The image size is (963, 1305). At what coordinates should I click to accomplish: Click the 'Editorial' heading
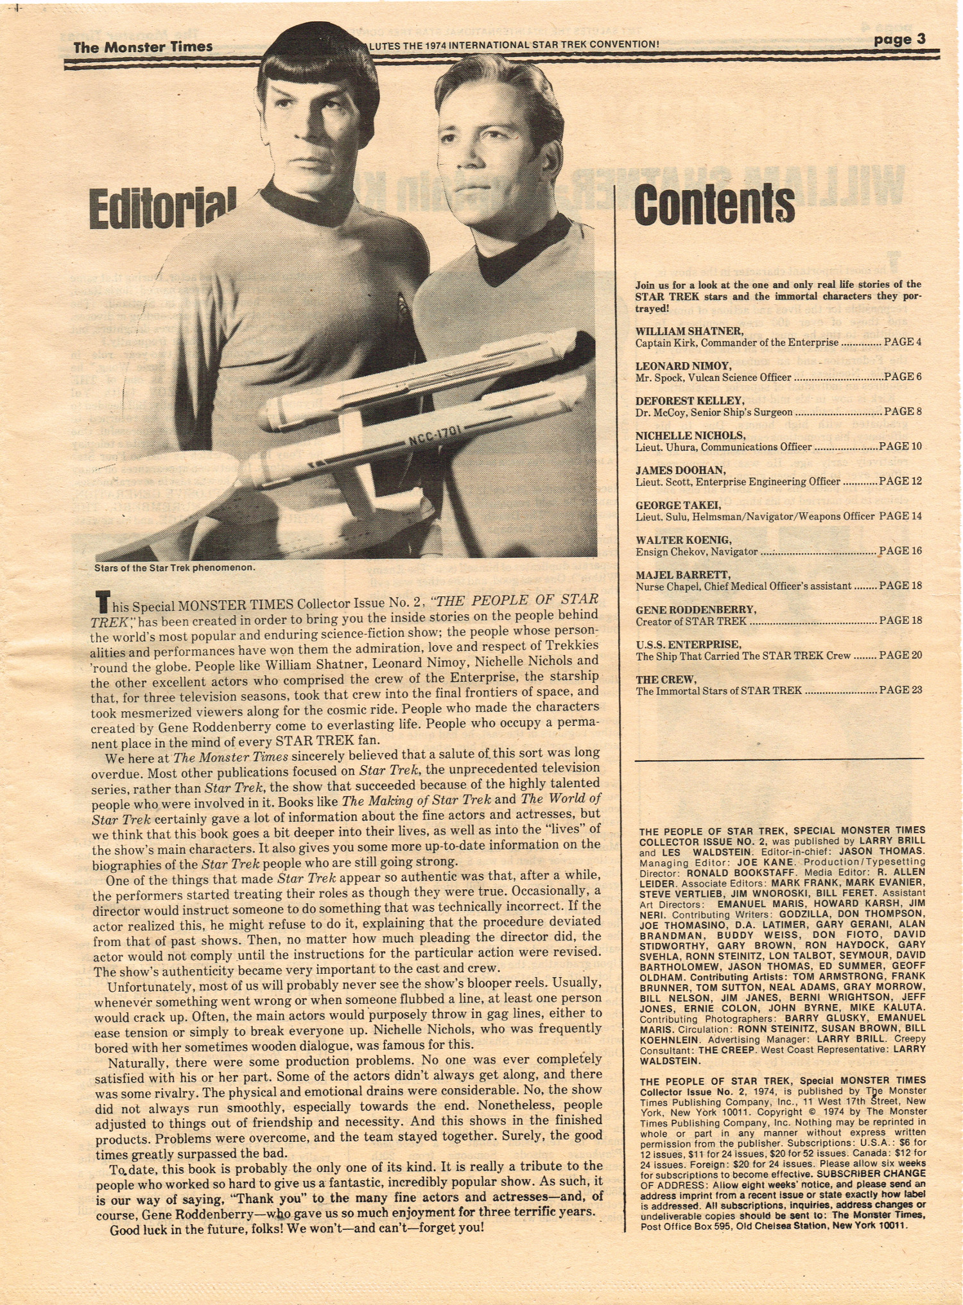pyautogui.click(x=163, y=209)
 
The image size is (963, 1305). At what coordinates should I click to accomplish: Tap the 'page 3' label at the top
pyautogui.click(x=899, y=39)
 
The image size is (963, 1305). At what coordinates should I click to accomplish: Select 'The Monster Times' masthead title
pyautogui.click(x=143, y=46)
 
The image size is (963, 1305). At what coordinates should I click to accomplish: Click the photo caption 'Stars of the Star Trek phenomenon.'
pyautogui.click(x=175, y=567)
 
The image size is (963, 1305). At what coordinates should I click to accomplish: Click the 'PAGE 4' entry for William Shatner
pyautogui.click(x=903, y=342)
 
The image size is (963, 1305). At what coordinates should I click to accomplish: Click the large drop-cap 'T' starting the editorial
pyautogui.click(x=101, y=602)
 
